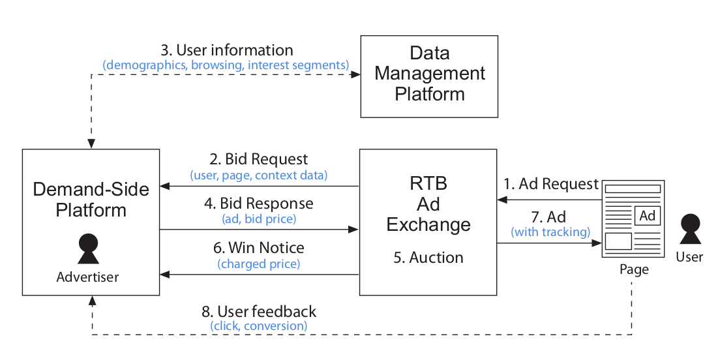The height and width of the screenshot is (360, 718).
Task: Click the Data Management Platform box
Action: (x=429, y=76)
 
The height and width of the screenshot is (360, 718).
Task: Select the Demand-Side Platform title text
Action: (x=91, y=200)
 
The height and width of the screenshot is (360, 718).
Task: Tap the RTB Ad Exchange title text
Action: (x=428, y=203)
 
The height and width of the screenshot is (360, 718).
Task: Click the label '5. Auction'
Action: (x=428, y=258)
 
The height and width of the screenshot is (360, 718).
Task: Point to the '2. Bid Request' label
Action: (x=259, y=160)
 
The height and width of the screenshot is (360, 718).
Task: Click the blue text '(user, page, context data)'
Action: (x=259, y=175)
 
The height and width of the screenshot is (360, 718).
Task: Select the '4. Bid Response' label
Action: (x=258, y=203)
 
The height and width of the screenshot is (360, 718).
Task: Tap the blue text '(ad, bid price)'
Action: (x=259, y=219)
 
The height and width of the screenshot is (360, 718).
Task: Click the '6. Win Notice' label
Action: (x=259, y=248)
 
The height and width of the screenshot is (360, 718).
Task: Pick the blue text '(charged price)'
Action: (x=259, y=264)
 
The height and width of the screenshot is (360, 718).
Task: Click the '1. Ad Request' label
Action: (x=551, y=184)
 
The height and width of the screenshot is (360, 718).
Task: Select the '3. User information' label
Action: (x=226, y=50)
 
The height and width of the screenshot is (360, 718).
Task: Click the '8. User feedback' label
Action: (x=258, y=311)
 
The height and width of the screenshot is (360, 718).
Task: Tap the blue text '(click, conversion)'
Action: (x=259, y=325)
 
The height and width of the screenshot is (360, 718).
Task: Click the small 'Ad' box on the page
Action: (x=647, y=216)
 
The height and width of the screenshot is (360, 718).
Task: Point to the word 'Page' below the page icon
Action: (x=634, y=269)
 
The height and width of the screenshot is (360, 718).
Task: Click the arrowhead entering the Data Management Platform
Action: (x=356, y=75)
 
